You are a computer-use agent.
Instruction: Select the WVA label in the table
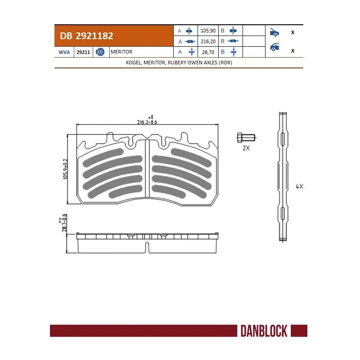pos(64,52)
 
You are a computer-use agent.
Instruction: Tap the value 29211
pos(83,52)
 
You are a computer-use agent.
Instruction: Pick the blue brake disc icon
pos(100,52)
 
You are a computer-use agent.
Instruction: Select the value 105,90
pos(208,31)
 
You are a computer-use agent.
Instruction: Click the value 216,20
pos(208,41)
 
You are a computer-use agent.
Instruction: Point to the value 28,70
pos(208,52)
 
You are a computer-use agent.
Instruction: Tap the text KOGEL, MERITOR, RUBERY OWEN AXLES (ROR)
pos(179,63)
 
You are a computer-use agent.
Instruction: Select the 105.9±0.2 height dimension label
pos(66,169)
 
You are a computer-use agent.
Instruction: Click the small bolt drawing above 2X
pos(246,137)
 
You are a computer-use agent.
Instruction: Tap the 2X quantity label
pos(246,148)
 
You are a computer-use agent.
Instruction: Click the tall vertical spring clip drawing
pos(282,175)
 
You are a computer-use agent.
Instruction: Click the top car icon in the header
pos(274,32)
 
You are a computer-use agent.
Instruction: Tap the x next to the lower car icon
pos(293,50)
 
